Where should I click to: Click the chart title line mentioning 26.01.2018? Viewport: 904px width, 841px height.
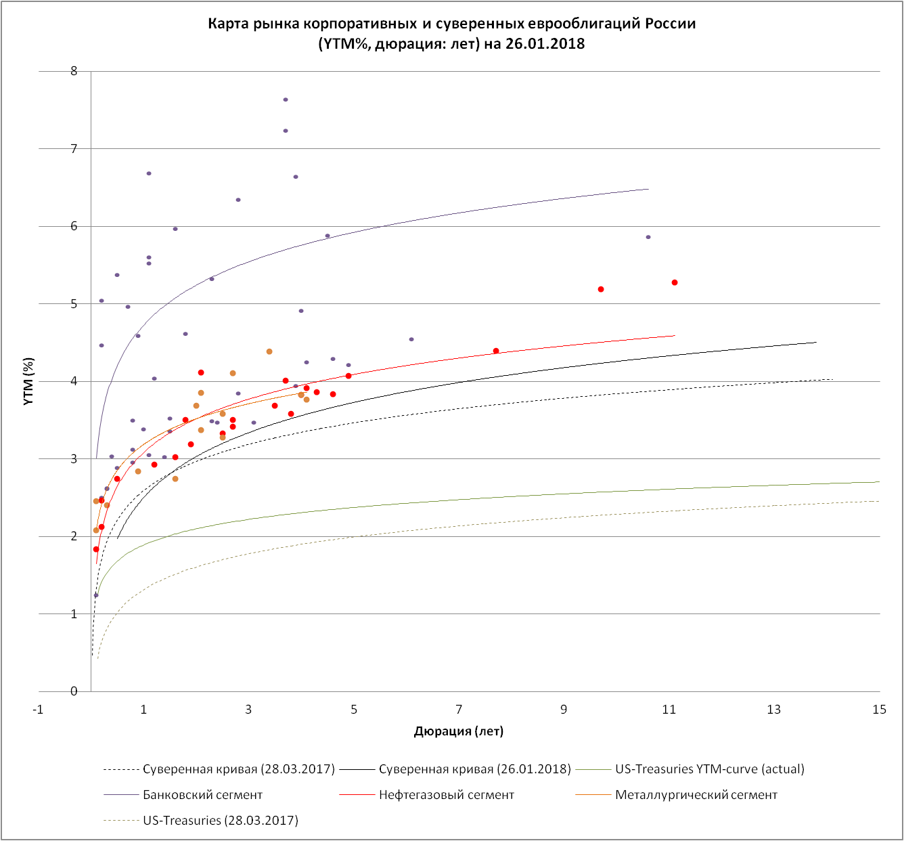[451, 44]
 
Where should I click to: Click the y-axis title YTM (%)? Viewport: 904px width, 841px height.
[28, 381]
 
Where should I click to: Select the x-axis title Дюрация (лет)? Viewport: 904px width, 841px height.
[459, 731]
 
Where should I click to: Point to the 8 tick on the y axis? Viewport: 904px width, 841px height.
[74, 70]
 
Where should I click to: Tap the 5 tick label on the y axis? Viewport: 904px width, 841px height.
[74, 304]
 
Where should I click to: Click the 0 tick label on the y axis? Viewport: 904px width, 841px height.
[74, 691]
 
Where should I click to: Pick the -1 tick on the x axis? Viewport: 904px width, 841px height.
[39, 710]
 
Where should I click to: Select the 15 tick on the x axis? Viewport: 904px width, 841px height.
[879, 710]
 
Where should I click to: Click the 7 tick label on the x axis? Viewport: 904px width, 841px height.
[459, 710]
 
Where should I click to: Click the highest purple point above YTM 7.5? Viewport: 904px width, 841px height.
[286, 100]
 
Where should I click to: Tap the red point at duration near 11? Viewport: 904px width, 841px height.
[675, 282]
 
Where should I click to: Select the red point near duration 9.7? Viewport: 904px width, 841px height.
[601, 289]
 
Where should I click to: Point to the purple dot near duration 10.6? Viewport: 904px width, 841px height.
[648, 237]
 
